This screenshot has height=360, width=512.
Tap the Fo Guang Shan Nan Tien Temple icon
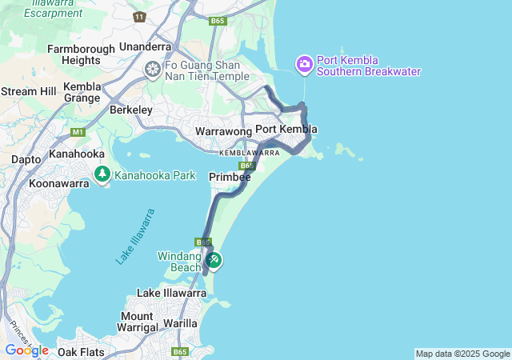tap(152, 70)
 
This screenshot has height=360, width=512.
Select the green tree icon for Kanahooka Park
tap(102, 174)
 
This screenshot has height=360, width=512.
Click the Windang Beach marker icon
tap(214, 260)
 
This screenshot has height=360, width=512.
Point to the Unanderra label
tap(146, 46)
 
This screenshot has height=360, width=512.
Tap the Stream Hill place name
tap(29, 91)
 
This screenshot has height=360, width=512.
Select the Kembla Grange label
tap(82, 92)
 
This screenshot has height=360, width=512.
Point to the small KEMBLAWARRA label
tap(250, 152)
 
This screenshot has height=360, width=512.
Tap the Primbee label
tap(230, 176)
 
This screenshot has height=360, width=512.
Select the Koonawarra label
tap(58, 183)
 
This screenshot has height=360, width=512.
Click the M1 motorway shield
tap(78, 132)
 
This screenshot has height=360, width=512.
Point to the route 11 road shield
tap(140, 17)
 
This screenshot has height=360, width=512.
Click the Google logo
tap(26, 350)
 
